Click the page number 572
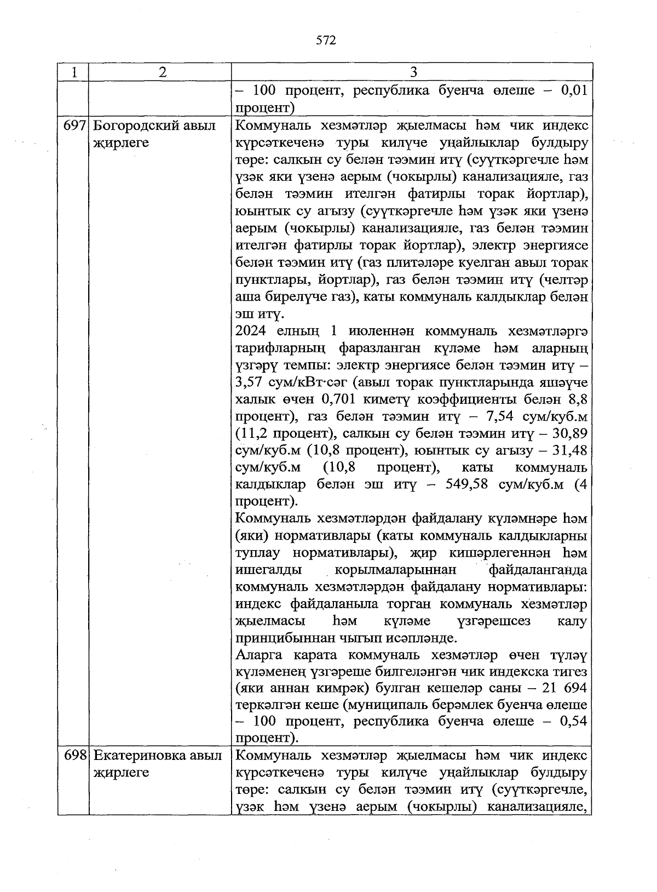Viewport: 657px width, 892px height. [x=326, y=40]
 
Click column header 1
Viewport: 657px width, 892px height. [x=73, y=72]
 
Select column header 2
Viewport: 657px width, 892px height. [x=160, y=72]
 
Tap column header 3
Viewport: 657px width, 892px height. [x=413, y=72]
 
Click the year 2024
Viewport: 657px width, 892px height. [x=252, y=331]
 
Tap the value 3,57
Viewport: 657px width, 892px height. [x=250, y=382]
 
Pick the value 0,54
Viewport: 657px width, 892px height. [x=574, y=722]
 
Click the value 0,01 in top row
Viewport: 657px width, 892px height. [x=574, y=90]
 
